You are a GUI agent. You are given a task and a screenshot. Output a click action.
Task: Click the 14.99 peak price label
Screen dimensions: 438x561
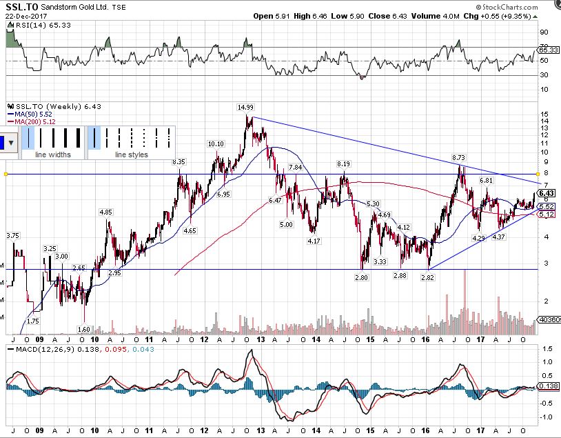point(246,108)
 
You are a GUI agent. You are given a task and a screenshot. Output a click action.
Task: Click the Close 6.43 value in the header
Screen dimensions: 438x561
point(379,16)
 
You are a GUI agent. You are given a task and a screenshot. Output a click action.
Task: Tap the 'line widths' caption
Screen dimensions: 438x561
point(53,155)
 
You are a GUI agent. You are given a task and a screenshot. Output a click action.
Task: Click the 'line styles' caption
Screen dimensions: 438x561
point(132,155)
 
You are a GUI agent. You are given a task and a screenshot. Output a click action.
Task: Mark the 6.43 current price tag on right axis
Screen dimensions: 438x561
point(547,192)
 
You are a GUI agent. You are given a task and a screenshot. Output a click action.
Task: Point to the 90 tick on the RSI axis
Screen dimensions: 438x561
point(544,32)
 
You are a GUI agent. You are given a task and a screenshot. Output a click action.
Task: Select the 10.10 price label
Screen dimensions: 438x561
point(216,144)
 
